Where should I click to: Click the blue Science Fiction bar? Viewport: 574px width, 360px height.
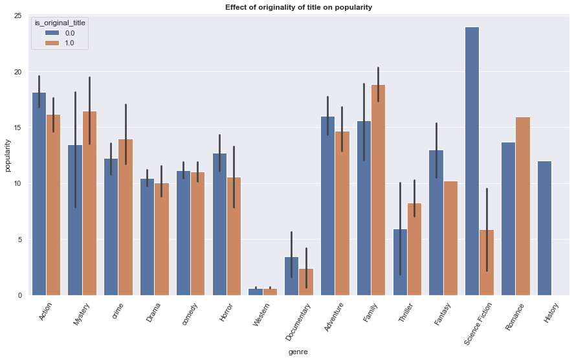[472, 161]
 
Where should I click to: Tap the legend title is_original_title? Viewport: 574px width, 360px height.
[60, 23]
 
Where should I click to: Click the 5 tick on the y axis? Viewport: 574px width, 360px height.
[19, 240]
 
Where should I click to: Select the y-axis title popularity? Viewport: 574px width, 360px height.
[7, 155]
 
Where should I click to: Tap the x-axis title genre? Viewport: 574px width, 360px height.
[298, 352]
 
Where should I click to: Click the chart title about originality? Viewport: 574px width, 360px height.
[298, 7]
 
